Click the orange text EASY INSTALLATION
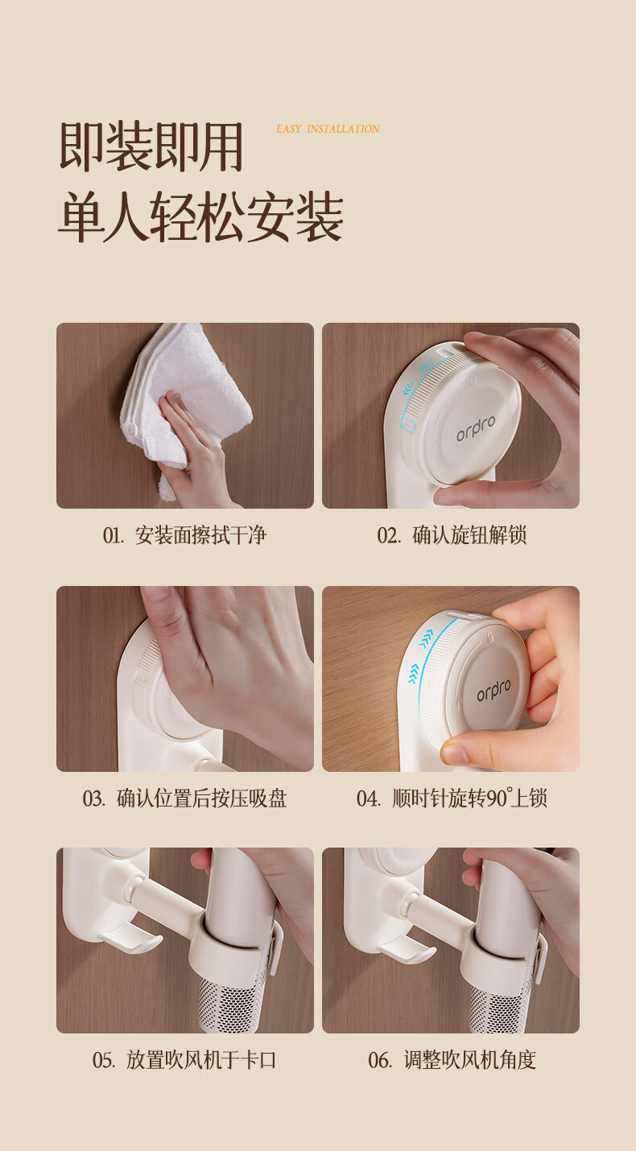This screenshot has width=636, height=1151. click(x=328, y=129)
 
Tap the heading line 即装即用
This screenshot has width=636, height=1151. click(x=151, y=147)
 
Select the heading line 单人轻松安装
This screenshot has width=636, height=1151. click(x=200, y=217)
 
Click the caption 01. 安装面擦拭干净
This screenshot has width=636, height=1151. click(x=184, y=535)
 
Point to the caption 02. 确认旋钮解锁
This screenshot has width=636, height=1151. click(x=452, y=535)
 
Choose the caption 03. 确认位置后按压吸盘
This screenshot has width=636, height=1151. click(x=184, y=798)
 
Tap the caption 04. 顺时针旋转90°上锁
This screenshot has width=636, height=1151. click(x=452, y=798)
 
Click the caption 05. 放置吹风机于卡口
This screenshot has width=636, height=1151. click(x=184, y=1060)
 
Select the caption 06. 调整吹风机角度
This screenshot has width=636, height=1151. click(x=452, y=1060)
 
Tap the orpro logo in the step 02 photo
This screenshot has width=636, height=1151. click(x=476, y=429)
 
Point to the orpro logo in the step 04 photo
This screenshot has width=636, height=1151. click(x=494, y=690)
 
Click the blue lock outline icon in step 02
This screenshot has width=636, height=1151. click(x=407, y=426)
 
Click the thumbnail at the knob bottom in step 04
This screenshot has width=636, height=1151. click(x=455, y=754)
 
